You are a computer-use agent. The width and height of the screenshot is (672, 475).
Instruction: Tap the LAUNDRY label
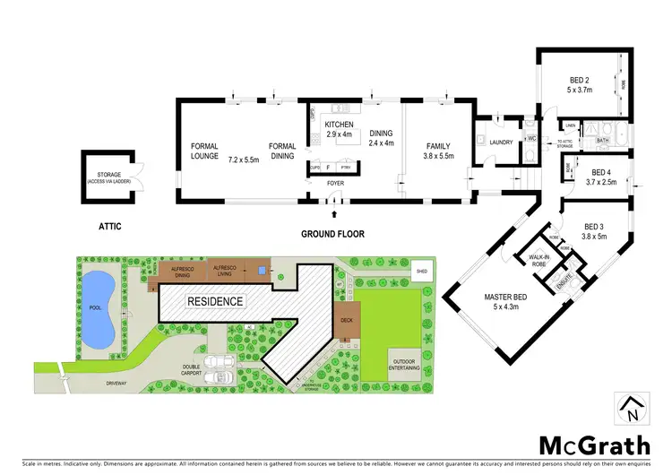[500, 141]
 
